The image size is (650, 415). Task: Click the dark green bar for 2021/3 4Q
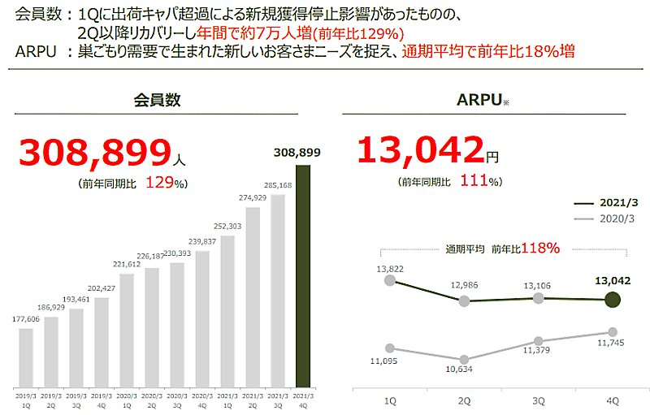point(303,276)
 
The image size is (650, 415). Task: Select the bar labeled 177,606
point(26,357)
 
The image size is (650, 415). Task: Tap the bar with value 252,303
point(227,311)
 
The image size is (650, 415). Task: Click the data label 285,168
point(278,185)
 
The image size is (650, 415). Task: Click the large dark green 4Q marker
point(613,300)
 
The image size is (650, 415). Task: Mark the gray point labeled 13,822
point(390,281)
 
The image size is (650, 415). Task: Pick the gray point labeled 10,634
point(464,359)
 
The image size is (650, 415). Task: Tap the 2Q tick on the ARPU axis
point(464,400)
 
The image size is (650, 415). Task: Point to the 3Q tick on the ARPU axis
point(538,400)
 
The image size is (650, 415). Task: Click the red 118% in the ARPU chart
point(540,248)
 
